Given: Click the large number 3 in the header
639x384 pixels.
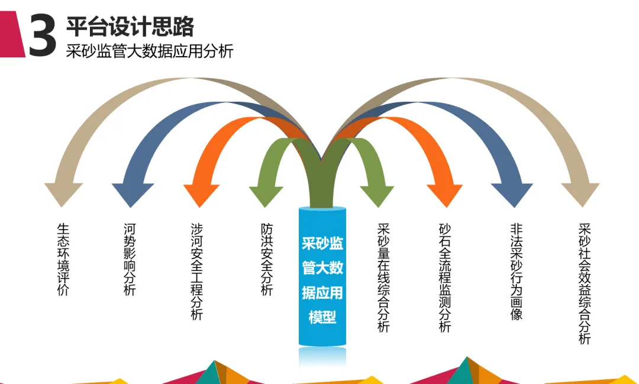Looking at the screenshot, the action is click(43, 35).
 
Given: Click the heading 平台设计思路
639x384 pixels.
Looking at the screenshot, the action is click(130, 27).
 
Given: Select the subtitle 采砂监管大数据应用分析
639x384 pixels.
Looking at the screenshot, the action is click(150, 51).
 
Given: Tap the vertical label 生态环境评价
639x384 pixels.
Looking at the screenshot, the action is click(63, 259).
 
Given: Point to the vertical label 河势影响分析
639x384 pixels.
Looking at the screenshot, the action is click(130, 259).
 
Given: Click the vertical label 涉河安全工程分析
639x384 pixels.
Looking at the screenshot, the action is click(197, 272).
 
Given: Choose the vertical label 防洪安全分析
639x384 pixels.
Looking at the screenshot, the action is click(267, 259).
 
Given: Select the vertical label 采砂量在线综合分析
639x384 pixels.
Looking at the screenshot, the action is click(383, 277).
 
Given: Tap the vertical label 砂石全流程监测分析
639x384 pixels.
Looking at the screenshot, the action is click(445, 277).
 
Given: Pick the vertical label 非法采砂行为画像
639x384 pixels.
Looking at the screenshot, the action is click(517, 272).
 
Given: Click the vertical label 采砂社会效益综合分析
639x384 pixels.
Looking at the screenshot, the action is click(585, 284).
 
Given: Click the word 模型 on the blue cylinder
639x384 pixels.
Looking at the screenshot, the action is click(322, 317).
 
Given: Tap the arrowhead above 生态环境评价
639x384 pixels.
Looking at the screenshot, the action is click(63, 193).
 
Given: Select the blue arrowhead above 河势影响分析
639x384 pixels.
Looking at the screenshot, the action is click(133, 193).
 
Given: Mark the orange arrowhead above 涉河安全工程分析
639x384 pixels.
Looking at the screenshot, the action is click(201, 194).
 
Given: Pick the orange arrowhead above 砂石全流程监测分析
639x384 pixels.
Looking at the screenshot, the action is click(444, 194).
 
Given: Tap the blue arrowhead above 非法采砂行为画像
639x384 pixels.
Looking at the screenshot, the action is click(512, 193).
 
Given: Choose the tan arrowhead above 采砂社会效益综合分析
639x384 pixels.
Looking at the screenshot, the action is click(580, 193).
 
